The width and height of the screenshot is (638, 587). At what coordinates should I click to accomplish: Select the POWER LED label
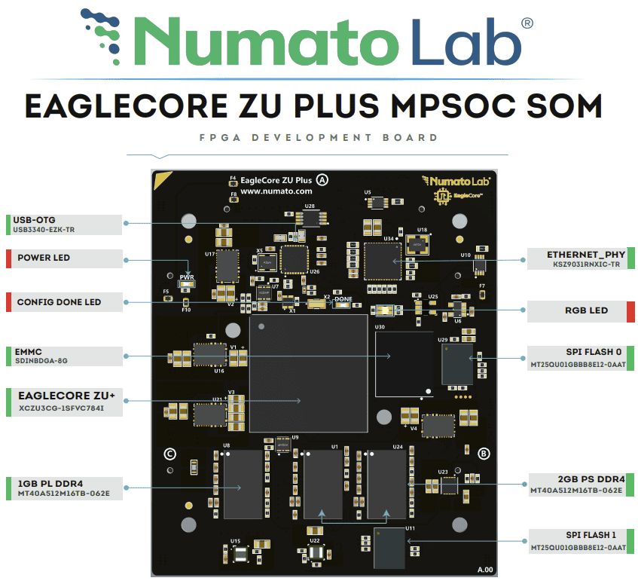44,258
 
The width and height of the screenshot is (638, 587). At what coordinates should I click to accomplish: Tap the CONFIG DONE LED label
59,302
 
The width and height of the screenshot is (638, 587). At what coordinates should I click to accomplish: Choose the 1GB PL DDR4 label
50,482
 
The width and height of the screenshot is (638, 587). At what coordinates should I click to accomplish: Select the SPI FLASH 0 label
592,352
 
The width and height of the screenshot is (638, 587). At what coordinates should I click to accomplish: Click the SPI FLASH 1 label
592,535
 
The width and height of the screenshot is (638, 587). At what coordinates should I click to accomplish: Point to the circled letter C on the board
170,454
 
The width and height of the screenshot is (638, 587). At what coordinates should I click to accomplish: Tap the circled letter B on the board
484,453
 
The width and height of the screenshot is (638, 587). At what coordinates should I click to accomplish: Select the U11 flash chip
389,549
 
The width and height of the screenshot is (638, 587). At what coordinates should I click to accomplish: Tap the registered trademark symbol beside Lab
527,23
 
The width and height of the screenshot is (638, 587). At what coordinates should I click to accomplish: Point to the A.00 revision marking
484,569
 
